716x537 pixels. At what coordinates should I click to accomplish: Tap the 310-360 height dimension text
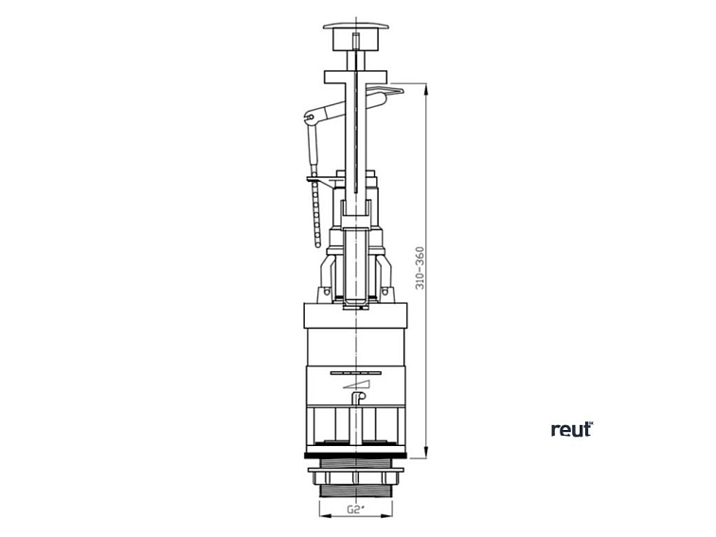420,268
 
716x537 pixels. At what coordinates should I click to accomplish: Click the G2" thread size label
356,510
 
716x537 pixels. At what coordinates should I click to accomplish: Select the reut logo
572,429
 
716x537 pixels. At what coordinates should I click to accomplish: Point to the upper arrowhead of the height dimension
425,90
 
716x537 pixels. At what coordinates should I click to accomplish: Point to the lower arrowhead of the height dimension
425,451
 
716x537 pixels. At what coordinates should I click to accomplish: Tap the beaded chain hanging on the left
314,212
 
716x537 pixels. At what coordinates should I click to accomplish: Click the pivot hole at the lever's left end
310,116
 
